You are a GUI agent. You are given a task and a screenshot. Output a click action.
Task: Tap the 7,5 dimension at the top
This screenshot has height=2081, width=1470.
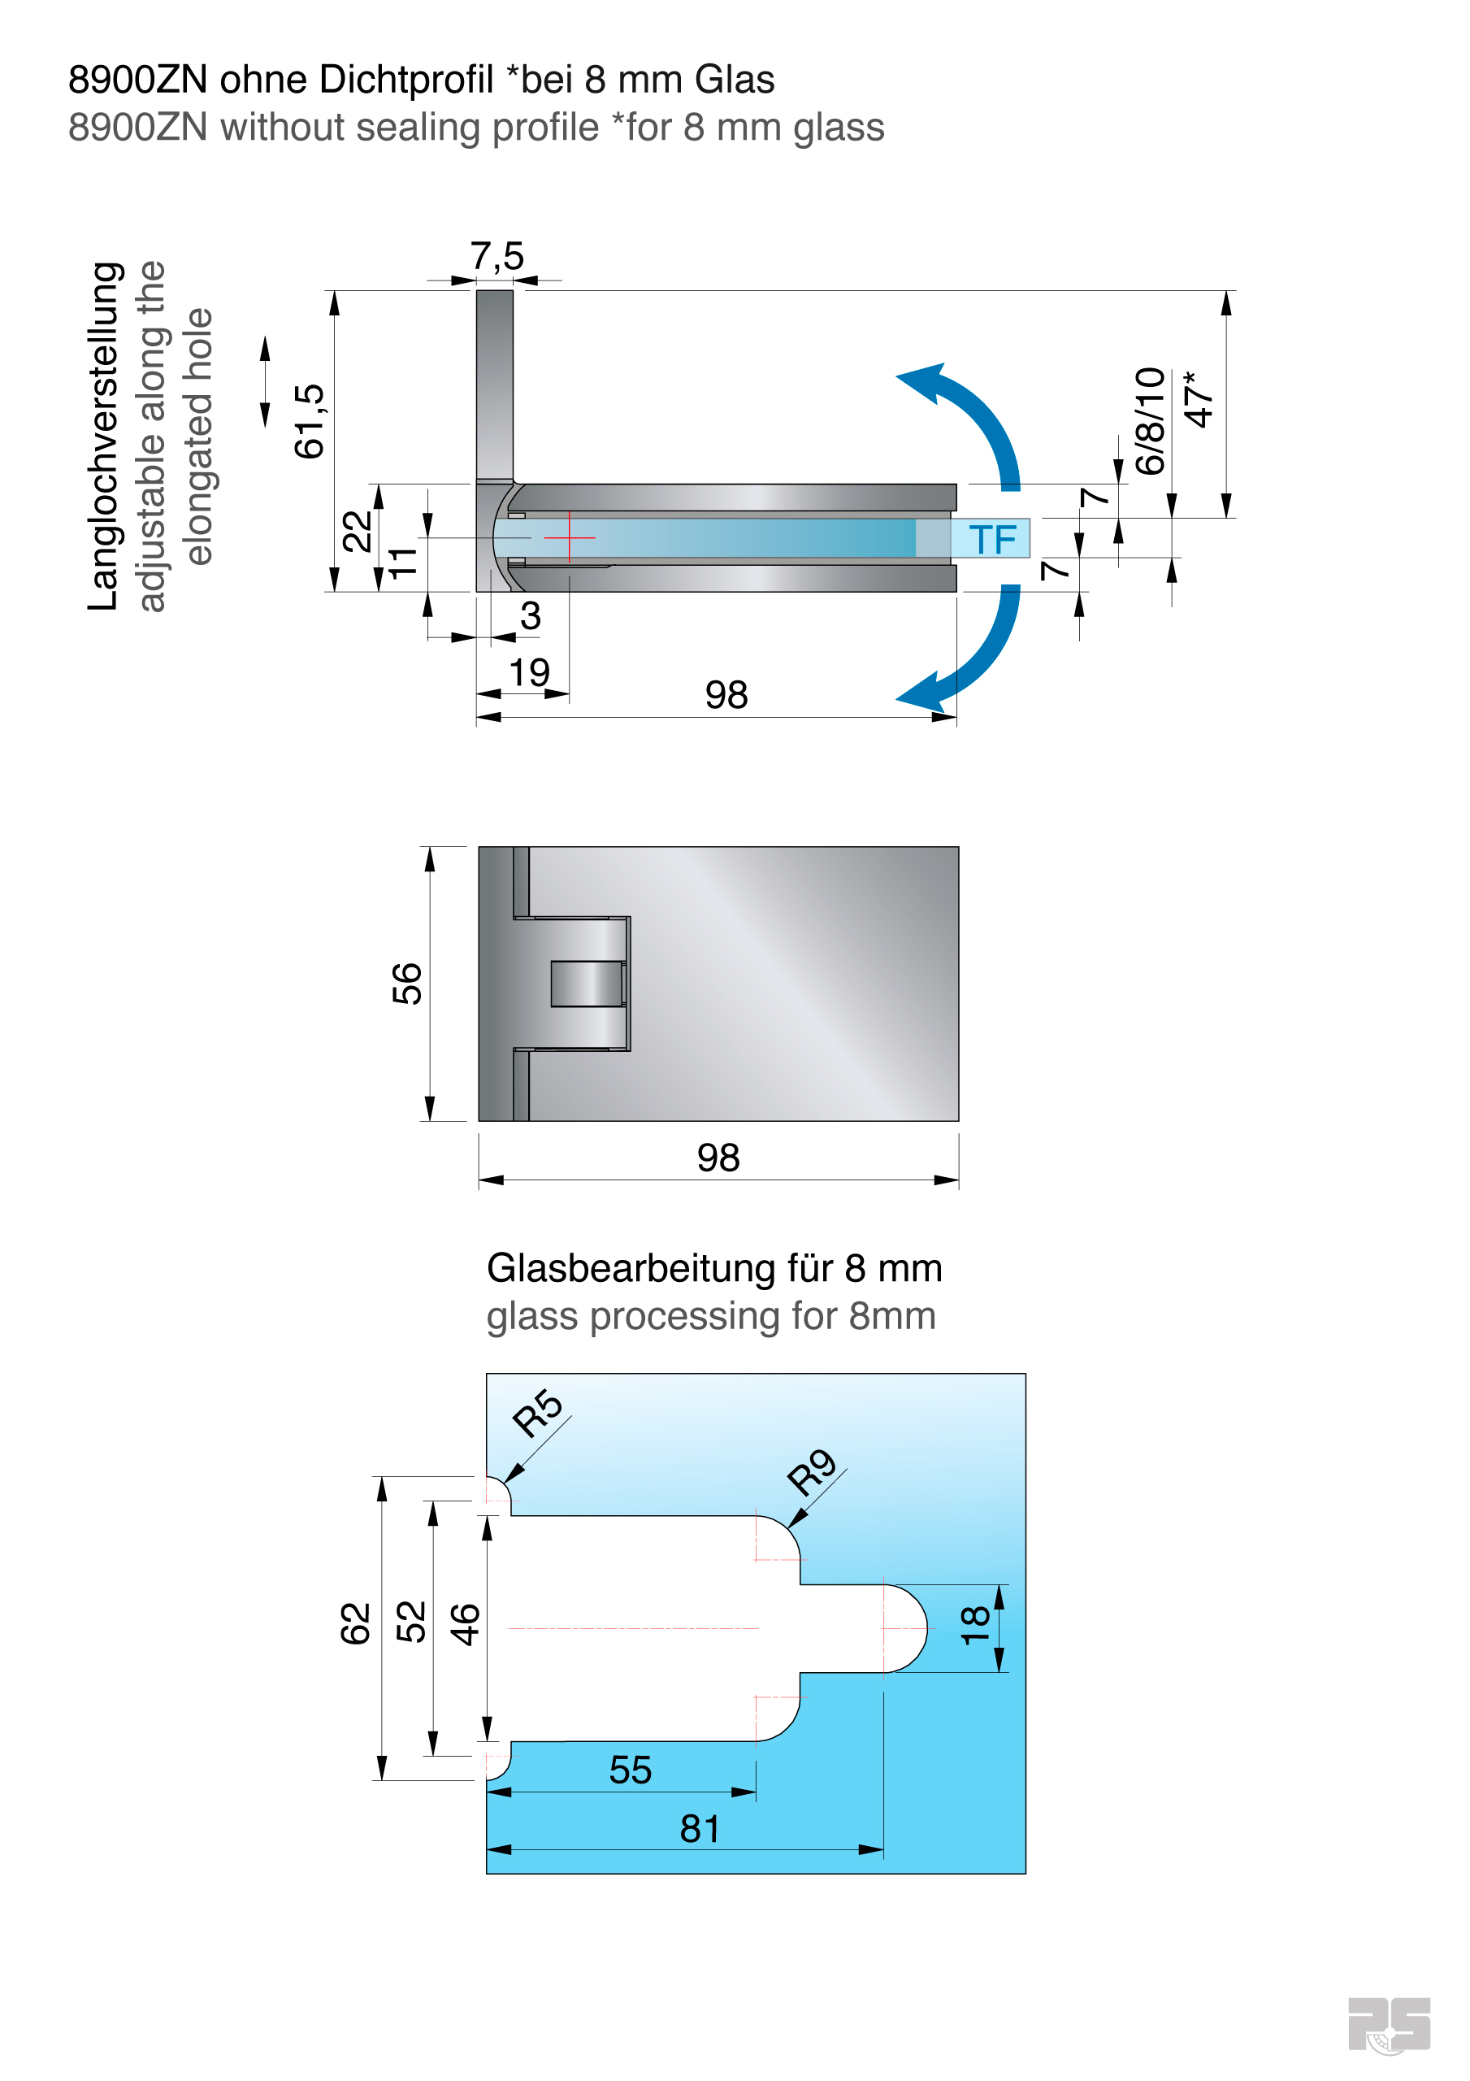point(497,257)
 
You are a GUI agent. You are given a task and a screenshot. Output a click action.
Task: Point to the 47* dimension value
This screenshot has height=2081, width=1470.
point(1198,400)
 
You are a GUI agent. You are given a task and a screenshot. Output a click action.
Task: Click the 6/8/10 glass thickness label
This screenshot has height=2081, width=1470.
point(1150,420)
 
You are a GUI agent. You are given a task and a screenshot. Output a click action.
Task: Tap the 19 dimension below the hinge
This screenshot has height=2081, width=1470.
point(529,672)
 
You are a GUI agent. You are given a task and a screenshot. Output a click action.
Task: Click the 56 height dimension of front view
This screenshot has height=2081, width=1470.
point(407,984)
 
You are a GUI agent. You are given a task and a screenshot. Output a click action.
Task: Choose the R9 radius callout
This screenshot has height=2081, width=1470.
point(811,1472)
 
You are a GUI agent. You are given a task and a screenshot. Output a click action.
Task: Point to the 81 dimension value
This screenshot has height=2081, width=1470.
point(700,1829)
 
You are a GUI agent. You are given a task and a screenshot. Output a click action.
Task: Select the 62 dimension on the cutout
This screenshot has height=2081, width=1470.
point(355,1623)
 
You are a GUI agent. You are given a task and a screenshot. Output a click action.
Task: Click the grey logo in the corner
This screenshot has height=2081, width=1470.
point(1388,2024)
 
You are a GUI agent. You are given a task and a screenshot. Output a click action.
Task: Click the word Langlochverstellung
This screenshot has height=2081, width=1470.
point(104,436)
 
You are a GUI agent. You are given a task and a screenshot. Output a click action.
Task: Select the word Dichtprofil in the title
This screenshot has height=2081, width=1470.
point(407,80)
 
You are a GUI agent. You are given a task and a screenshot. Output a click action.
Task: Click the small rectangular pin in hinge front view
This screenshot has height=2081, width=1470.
point(588,984)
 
